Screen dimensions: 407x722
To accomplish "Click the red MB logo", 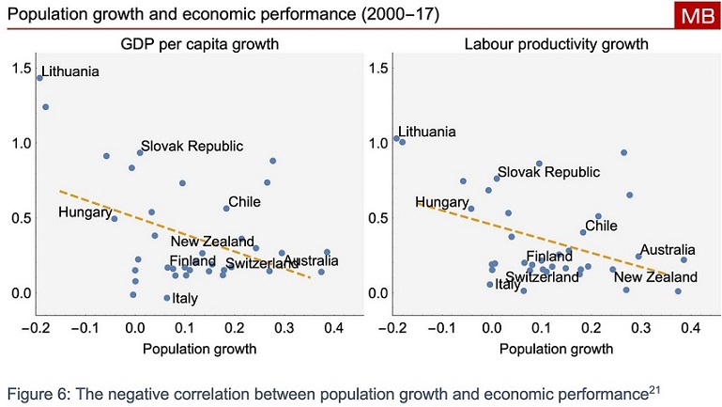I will coord(697,16).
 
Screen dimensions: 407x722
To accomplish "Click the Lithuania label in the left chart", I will coord(70,71).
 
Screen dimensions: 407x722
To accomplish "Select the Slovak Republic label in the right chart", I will coord(548,172).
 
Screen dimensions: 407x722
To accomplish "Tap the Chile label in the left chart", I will coord(244,201).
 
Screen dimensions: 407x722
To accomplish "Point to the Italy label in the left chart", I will coord(185,300).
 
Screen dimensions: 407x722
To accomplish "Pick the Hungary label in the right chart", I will coord(441,202).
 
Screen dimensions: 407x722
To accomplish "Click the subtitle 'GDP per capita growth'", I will coord(200,44).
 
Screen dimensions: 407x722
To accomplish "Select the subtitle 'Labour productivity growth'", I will coord(557,44).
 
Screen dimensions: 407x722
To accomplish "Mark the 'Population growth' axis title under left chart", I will coord(199,349).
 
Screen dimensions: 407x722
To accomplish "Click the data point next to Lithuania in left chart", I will coord(39,78).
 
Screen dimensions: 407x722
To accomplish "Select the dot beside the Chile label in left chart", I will coord(226,208).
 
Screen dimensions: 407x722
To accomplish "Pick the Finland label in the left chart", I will coord(193,260).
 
